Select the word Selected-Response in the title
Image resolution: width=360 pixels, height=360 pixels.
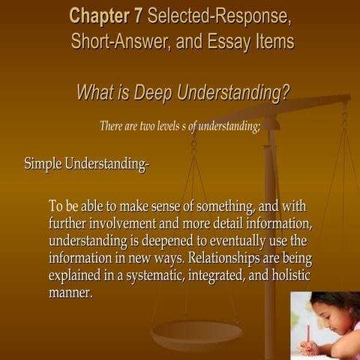tap(220, 15)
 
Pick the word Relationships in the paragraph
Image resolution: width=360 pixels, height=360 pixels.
tap(226, 258)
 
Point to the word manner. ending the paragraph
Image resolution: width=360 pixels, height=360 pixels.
tap(70, 292)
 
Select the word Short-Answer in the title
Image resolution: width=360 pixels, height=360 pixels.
tap(121, 41)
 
